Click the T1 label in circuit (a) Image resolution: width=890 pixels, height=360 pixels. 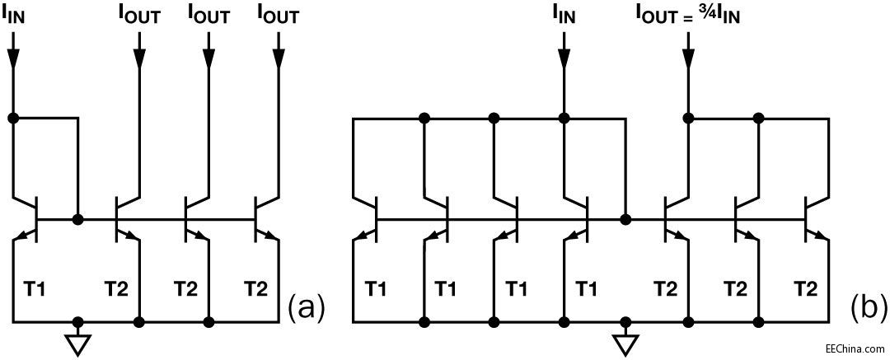click(x=35, y=288)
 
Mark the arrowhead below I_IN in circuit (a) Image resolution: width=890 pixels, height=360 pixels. click(x=14, y=58)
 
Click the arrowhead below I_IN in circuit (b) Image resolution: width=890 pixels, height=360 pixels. click(x=564, y=58)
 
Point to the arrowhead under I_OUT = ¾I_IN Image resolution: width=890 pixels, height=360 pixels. click(x=688, y=58)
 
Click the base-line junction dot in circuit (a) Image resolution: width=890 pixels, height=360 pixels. click(x=77, y=220)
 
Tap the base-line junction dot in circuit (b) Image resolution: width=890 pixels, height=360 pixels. click(x=626, y=220)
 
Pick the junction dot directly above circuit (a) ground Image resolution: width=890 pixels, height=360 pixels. click(x=77, y=320)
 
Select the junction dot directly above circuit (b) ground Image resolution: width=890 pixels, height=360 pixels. click(x=626, y=320)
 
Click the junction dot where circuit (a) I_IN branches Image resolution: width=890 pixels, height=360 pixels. click(x=14, y=118)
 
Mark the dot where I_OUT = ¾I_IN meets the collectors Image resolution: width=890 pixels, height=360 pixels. click(x=688, y=118)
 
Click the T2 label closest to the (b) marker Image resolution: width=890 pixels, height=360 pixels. click(x=804, y=288)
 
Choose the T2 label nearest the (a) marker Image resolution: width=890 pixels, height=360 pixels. click(x=256, y=288)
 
